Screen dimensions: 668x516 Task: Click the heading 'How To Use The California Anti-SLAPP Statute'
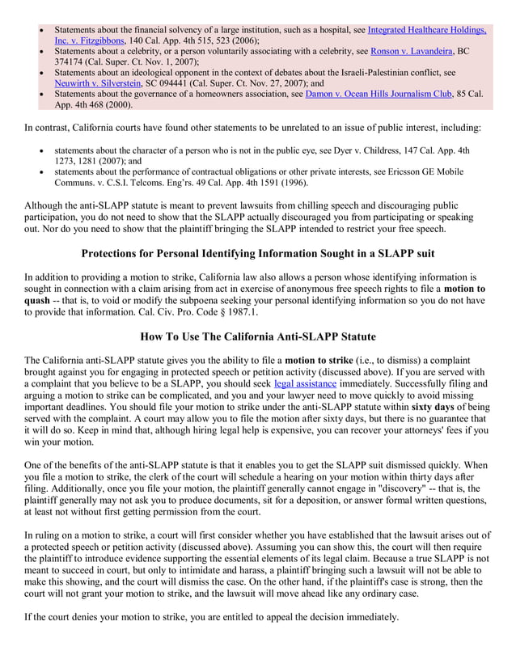[258, 336]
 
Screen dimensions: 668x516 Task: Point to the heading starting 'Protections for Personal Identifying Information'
[258, 253]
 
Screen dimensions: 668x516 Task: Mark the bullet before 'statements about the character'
[41, 150]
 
